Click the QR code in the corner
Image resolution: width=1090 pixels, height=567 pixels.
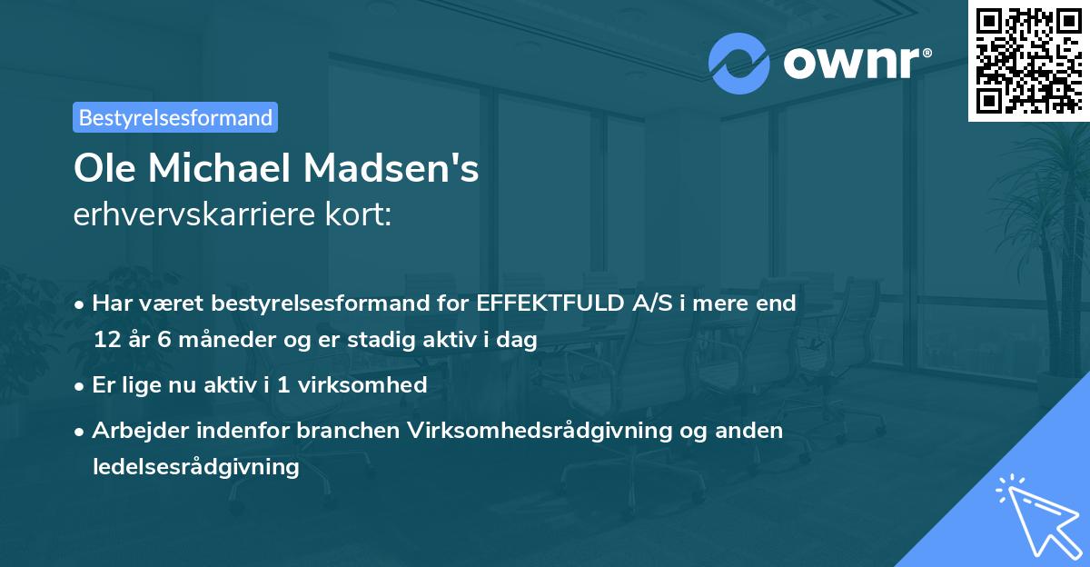tap(1028, 61)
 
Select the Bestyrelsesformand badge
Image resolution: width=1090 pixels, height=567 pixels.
tap(175, 117)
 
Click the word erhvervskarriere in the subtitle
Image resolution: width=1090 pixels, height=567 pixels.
tap(195, 215)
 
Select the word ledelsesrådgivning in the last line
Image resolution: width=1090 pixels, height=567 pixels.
tap(195, 466)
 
